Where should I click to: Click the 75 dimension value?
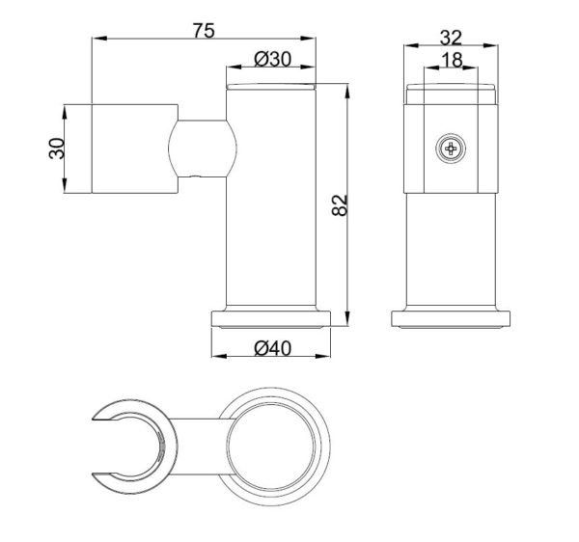204,31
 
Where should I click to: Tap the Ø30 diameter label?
273,59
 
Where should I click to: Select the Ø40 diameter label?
273,348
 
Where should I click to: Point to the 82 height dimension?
340,205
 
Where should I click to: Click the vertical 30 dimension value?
57,149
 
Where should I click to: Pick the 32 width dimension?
451,38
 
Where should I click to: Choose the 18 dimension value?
452,60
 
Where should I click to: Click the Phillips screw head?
451,149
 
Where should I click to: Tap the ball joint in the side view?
202,149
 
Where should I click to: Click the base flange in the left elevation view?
271,319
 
